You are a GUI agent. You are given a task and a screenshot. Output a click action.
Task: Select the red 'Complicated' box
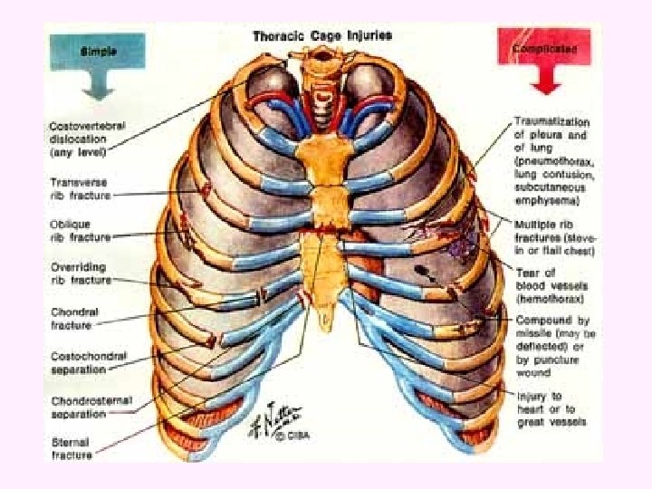pyautogui.click(x=543, y=47)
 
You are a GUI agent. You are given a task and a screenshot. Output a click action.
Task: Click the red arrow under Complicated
pyautogui.click(x=543, y=83)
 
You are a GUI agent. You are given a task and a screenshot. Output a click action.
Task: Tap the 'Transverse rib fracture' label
pyautogui.click(x=80, y=188)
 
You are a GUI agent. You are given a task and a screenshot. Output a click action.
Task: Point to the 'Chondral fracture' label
pyautogui.click(x=75, y=318)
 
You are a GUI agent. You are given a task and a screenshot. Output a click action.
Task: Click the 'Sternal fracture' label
pyautogui.click(x=72, y=448)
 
